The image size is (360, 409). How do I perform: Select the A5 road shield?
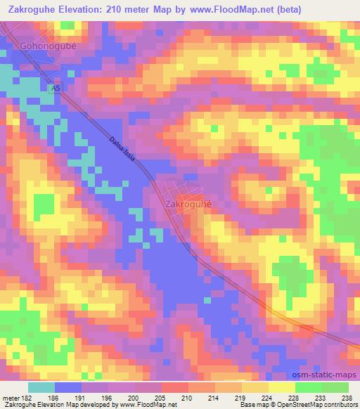(56, 89)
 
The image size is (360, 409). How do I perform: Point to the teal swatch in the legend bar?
(41, 388)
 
